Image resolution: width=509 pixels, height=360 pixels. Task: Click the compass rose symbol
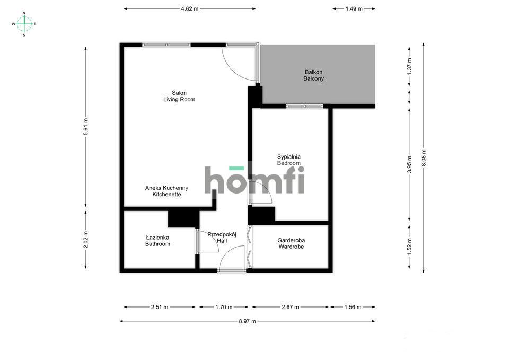(x=24, y=24)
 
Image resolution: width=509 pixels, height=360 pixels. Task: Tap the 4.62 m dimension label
(x=190, y=9)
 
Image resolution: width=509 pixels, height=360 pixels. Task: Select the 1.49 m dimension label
(x=354, y=9)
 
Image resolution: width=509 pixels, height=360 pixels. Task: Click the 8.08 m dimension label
(x=423, y=158)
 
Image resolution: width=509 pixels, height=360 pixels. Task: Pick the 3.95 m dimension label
(x=409, y=164)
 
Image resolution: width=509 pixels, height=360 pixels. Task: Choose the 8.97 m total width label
(x=248, y=321)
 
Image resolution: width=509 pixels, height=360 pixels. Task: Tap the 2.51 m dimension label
(x=160, y=307)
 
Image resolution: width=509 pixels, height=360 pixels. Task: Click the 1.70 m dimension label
(x=224, y=307)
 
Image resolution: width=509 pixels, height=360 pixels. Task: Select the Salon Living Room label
(x=179, y=96)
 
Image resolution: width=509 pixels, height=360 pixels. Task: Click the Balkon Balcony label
(x=313, y=75)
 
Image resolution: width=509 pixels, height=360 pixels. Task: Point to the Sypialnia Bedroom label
(x=288, y=160)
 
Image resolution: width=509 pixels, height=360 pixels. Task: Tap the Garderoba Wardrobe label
(x=291, y=243)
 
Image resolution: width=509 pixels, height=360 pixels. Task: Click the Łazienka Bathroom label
(x=157, y=241)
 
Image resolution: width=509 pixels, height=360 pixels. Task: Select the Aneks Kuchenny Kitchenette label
(x=166, y=191)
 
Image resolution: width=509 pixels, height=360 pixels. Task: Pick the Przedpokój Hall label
(x=222, y=238)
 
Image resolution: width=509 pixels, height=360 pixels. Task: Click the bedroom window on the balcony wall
(x=305, y=106)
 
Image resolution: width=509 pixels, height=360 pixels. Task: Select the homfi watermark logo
(x=254, y=180)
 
